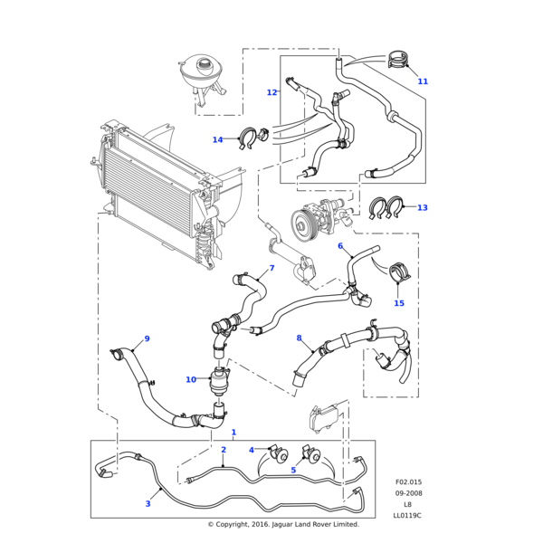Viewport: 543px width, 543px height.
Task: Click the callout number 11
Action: pos(423,81)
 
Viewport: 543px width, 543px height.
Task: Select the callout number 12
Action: pos(271,92)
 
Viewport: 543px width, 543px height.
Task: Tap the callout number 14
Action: pos(217,139)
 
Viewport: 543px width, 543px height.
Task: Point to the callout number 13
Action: pos(422,207)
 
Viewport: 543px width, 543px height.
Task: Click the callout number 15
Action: pos(399,303)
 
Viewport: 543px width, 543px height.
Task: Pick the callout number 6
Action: pos(340,246)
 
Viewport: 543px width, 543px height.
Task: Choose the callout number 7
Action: pos(271,268)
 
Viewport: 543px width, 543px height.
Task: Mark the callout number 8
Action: pos(300,338)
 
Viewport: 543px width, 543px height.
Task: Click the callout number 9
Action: pos(147,338)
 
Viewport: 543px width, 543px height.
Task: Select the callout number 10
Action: pos(191,379)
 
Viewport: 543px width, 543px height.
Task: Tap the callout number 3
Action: pos(148,504)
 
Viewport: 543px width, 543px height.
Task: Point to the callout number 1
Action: pos(233,433)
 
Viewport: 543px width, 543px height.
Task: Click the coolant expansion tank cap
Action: pos(207,65)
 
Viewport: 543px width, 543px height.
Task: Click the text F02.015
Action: pos(408,482)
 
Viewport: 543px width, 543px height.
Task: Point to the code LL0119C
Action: pos(407,515)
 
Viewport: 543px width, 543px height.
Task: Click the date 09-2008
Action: pos(408,493)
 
